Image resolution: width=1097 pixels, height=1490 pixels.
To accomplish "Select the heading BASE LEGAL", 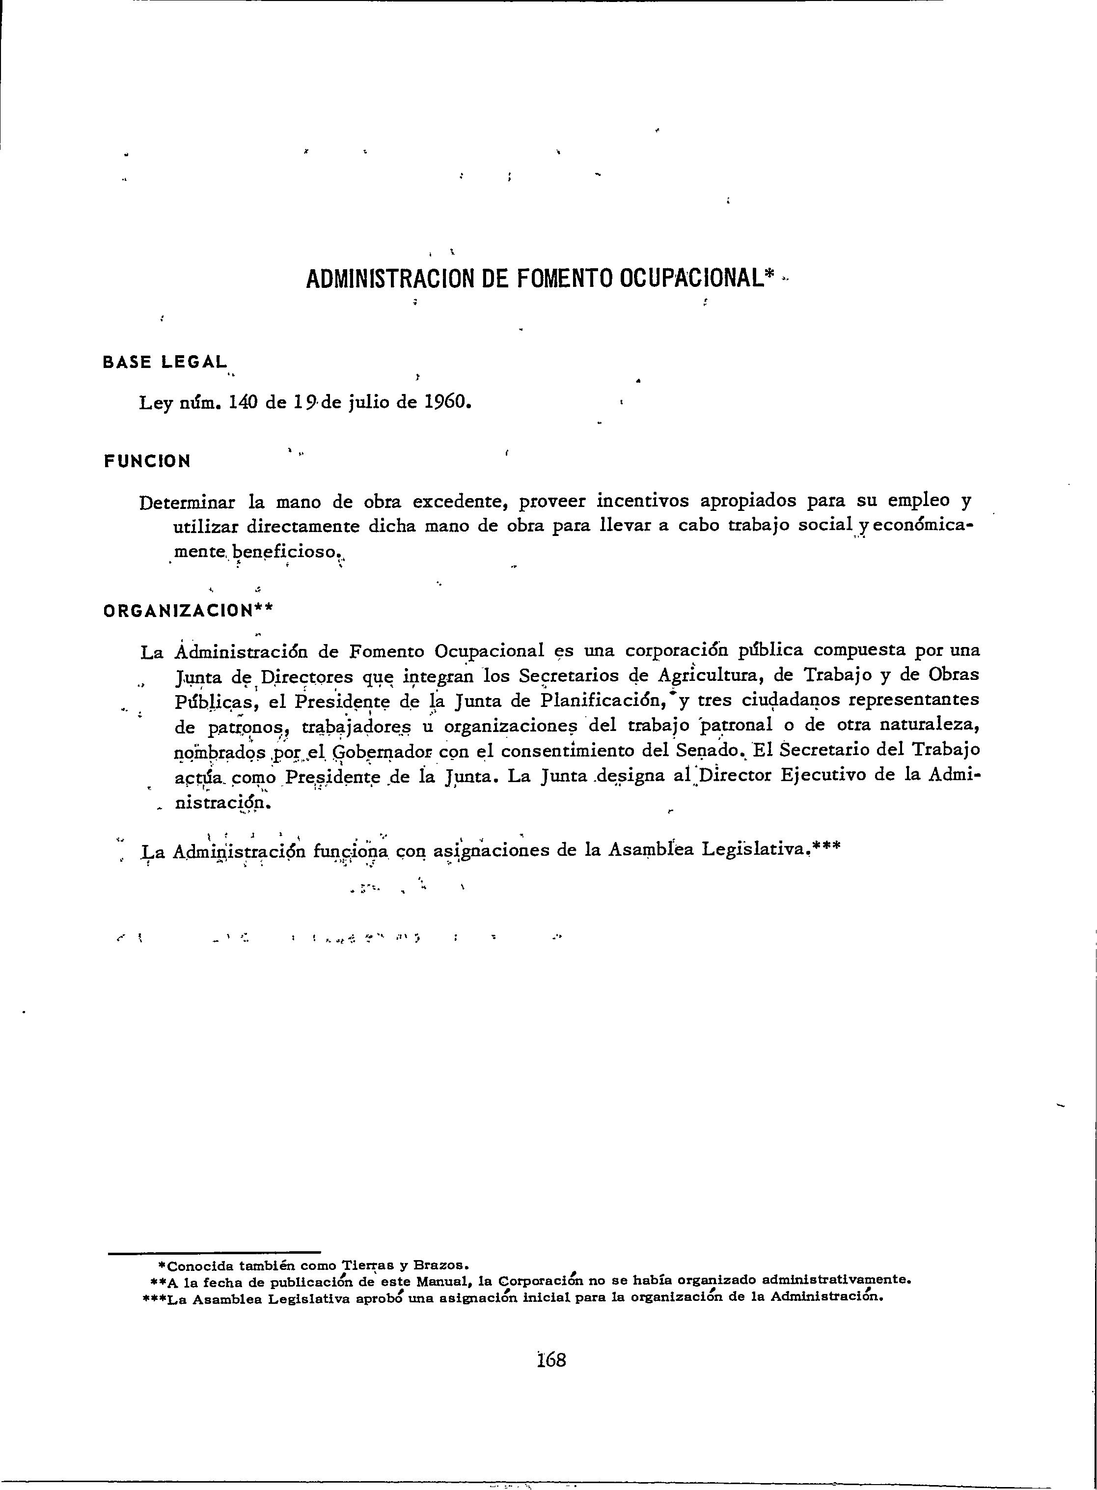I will point(165,362).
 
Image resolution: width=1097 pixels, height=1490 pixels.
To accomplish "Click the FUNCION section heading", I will point(147,461).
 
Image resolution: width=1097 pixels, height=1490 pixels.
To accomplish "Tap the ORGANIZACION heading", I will point(179,611).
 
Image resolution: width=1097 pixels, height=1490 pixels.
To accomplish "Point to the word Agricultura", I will point(709,675).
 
